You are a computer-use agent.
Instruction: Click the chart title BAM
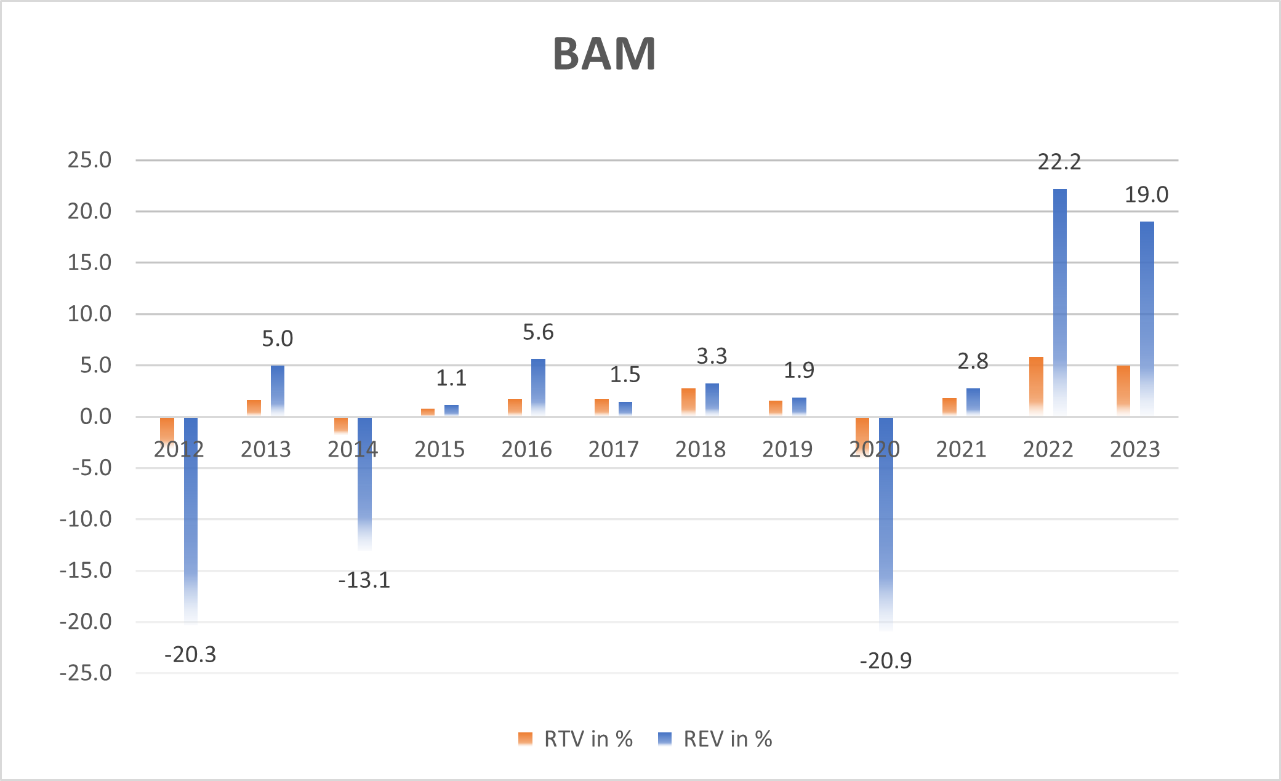(x=604, y=54)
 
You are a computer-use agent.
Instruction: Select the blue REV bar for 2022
(x=1059, y=302)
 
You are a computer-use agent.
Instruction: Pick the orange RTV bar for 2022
(x=1036, y=386)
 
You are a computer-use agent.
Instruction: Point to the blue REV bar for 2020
(x=886, y=523)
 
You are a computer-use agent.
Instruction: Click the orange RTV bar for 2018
(x=688, y=403)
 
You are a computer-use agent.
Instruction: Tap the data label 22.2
(x=1059, y=162)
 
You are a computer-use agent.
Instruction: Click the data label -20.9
(x=885, y=661)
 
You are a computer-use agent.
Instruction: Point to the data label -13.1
(x=364, y=580)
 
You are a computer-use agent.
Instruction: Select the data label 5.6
(x=538, y=332)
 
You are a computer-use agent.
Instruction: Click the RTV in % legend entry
(x=576, y=739)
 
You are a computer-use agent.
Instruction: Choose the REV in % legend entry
(x=715, y=739)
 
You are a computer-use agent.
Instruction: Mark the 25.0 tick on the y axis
(x=90, y=160)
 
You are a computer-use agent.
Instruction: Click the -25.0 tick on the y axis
(x=86, y=673)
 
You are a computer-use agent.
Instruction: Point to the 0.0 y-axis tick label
(x=96, y=417)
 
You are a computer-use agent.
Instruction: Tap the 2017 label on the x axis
(x=613, y=449)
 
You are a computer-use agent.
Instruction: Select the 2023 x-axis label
(x=1134, y=449)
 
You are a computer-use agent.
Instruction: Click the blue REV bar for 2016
(x=538, y=388)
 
